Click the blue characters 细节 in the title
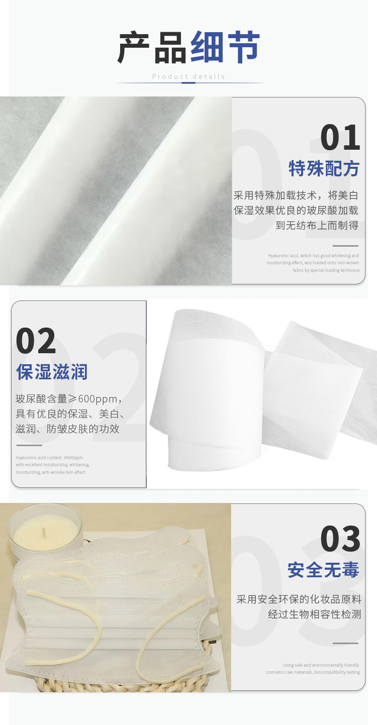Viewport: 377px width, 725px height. point(225,47)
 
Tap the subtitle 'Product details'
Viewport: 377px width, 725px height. point(189,76)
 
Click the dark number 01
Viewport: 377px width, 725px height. point(340,138)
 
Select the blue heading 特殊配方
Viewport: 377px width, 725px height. point(324,168)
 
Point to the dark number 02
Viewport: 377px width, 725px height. point(36,341)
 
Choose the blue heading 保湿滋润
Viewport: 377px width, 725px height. point(52,372)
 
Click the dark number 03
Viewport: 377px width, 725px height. point(340,539)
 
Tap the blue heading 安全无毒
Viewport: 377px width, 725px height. point(323,570)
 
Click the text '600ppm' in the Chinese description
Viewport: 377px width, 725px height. point(98,399)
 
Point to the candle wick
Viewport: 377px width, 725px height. point(43,531)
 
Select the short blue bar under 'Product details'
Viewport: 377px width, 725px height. point(189,83)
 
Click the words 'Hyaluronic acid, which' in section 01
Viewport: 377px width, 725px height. point(288,256)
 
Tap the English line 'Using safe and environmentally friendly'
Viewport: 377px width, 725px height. point(321,665)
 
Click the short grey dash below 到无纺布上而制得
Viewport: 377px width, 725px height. point(345,246)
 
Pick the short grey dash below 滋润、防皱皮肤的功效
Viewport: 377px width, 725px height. point(29,445)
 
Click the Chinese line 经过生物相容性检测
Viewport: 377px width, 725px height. point(315,614)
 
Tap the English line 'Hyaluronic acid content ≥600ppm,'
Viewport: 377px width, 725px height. point(50,458)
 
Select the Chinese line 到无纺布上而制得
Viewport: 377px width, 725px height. point(317,225)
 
